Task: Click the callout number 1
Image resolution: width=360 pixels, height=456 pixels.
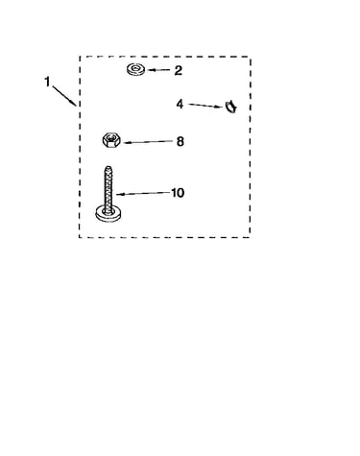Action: click(x=47, y=82)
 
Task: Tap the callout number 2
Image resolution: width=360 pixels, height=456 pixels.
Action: click(x=178, y=70)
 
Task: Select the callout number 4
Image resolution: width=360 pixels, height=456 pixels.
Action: click(x=180, y=104)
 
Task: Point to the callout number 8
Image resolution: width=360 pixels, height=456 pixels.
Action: click(x=180, y=141)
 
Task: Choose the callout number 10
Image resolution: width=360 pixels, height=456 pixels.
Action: click(x=178, y=193)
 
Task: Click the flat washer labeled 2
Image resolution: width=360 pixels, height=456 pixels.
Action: click(x=135, y=69)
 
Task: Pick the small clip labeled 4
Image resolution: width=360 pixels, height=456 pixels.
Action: click(x=230, y=107)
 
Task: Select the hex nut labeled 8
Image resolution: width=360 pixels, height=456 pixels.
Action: click(x=111, y=140)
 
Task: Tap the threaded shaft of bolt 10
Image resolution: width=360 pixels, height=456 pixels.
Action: click(x=108, y=189)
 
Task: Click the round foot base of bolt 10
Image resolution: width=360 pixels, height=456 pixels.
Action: click(x=108, y=214)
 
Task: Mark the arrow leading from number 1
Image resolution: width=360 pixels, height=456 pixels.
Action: click(x=64, y=95)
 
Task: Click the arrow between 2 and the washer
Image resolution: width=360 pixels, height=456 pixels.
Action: click(x=158, y=70)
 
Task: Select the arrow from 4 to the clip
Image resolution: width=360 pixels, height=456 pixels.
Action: click(x=205, y=106)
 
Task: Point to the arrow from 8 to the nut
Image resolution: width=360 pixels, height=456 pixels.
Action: click(x=148, y=142)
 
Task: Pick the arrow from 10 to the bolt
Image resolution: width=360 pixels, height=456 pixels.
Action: click(x=143, y=193)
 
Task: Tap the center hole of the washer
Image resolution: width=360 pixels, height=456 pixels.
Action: click(x=136, y=68)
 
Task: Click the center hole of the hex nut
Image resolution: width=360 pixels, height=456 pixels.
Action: click(x=111, y=138)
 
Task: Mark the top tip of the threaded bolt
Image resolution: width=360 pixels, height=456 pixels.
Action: click(x=108, y=166)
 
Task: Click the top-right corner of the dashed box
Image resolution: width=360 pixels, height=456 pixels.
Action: click(x=250, y=57)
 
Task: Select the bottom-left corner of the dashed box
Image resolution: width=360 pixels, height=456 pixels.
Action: click(x=80, y=237)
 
